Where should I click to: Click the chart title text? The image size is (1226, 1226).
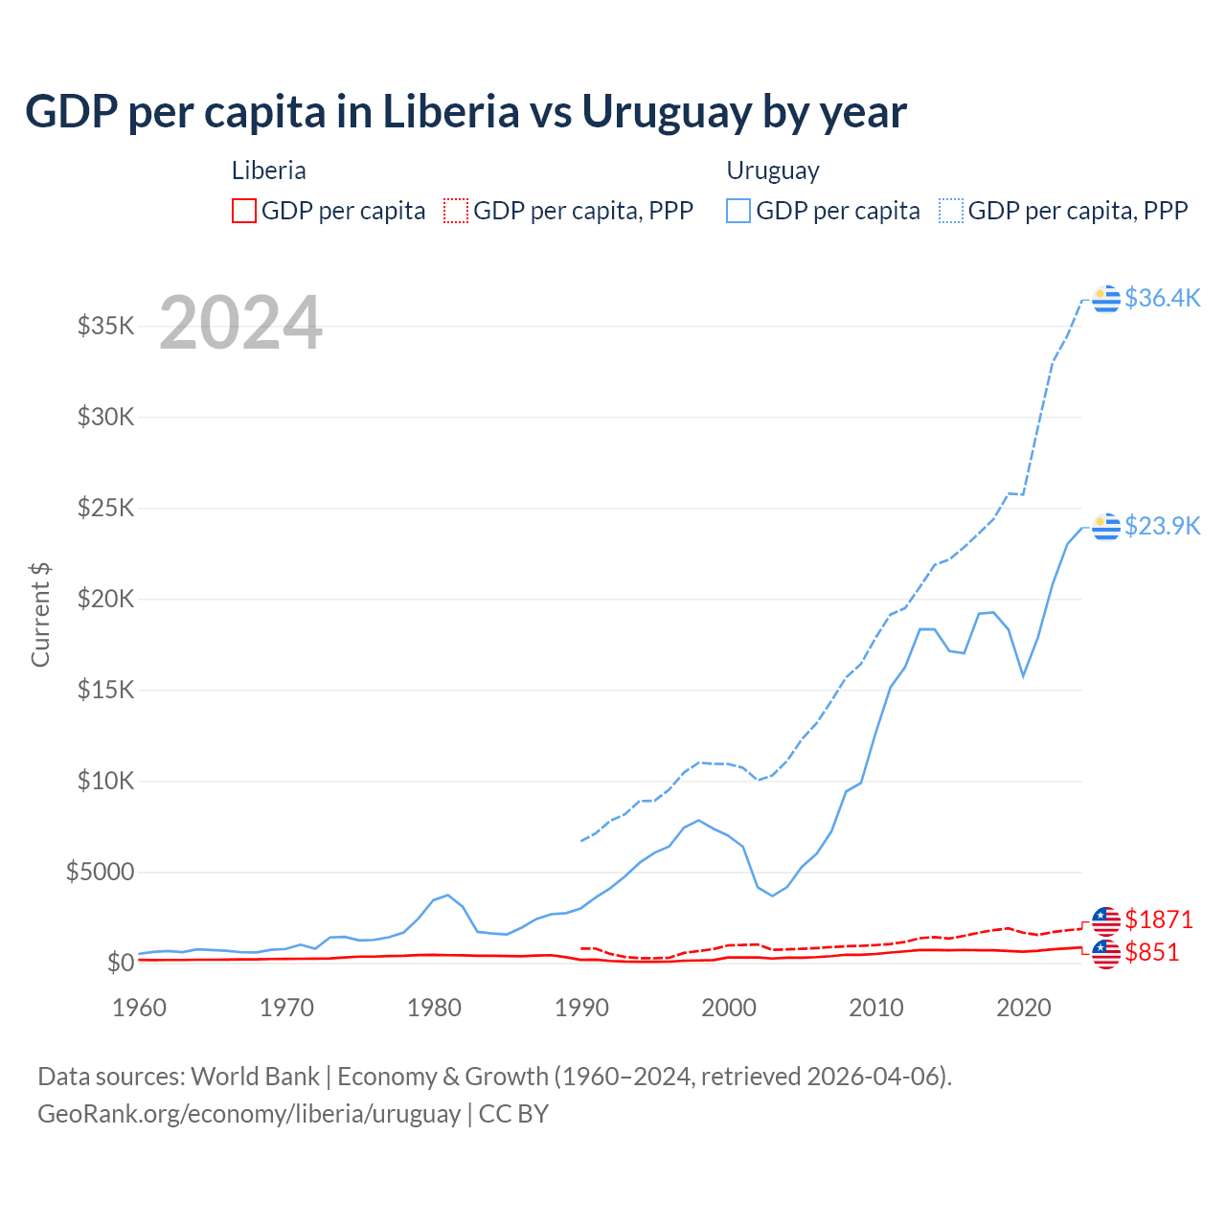[465, 112]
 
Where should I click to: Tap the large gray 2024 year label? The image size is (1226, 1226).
[240, 323]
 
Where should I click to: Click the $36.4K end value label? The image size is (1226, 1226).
[1162, 298]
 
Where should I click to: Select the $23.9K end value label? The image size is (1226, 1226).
[1162, 526]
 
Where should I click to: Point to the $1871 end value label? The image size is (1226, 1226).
[1159, 919]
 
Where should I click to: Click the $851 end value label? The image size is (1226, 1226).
[1151, 952]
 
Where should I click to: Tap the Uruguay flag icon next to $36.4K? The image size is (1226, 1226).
[1106, 299]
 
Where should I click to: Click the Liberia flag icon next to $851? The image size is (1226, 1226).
[1106, 953]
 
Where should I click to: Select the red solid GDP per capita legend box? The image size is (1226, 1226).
[244, 211]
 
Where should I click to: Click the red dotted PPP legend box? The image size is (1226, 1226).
[456, 211]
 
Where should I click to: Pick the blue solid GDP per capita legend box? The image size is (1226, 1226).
[738, 211]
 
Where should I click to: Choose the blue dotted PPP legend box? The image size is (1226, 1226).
[951, 211]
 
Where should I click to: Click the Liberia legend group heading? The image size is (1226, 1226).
[269, 170]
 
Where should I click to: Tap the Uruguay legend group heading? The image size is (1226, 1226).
[773, 170]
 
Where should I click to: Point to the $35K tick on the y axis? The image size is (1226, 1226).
[105, 326]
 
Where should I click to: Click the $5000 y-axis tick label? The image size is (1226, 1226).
[100, 872]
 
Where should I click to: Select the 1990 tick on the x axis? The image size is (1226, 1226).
[581, 1008]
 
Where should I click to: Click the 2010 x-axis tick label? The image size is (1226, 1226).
[876, 1008]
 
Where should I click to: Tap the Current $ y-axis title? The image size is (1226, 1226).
[40, 614]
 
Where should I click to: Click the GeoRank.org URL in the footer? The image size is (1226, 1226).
[249, 1114]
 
